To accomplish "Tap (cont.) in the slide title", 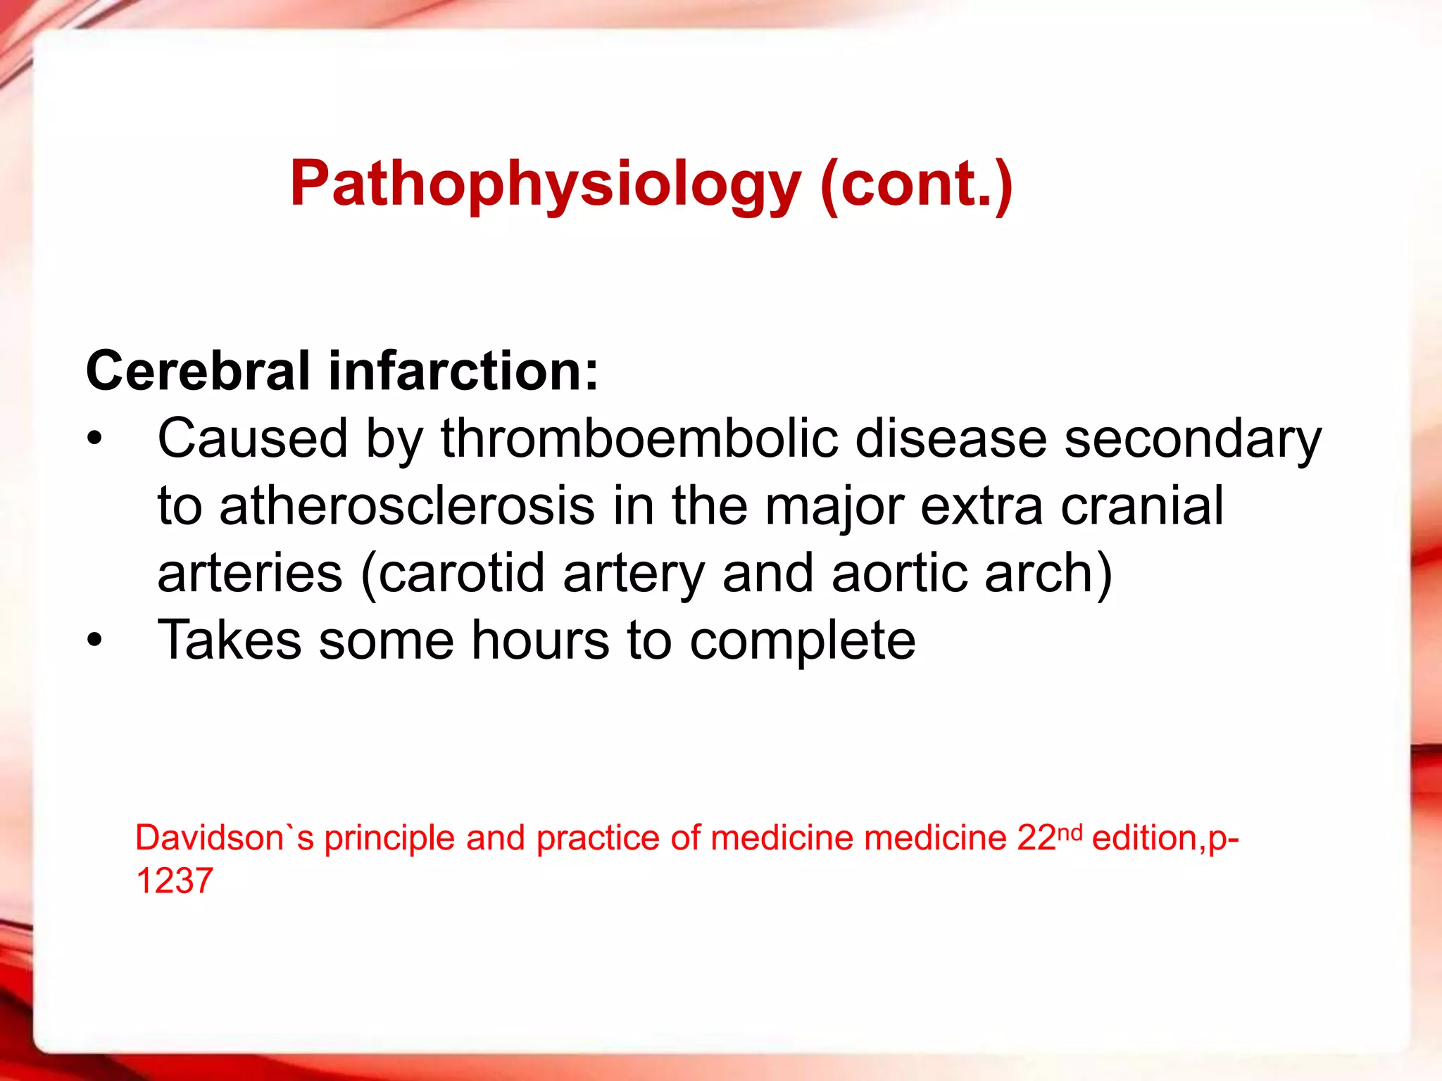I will coord(916,184).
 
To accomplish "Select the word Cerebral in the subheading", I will coord(198,371).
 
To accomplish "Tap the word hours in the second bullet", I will coord(540,640).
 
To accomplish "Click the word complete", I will coord(803,641).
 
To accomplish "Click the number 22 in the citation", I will coord(1036,838).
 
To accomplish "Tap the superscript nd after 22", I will coord(1070,832).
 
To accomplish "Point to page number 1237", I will coord(174,881).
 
